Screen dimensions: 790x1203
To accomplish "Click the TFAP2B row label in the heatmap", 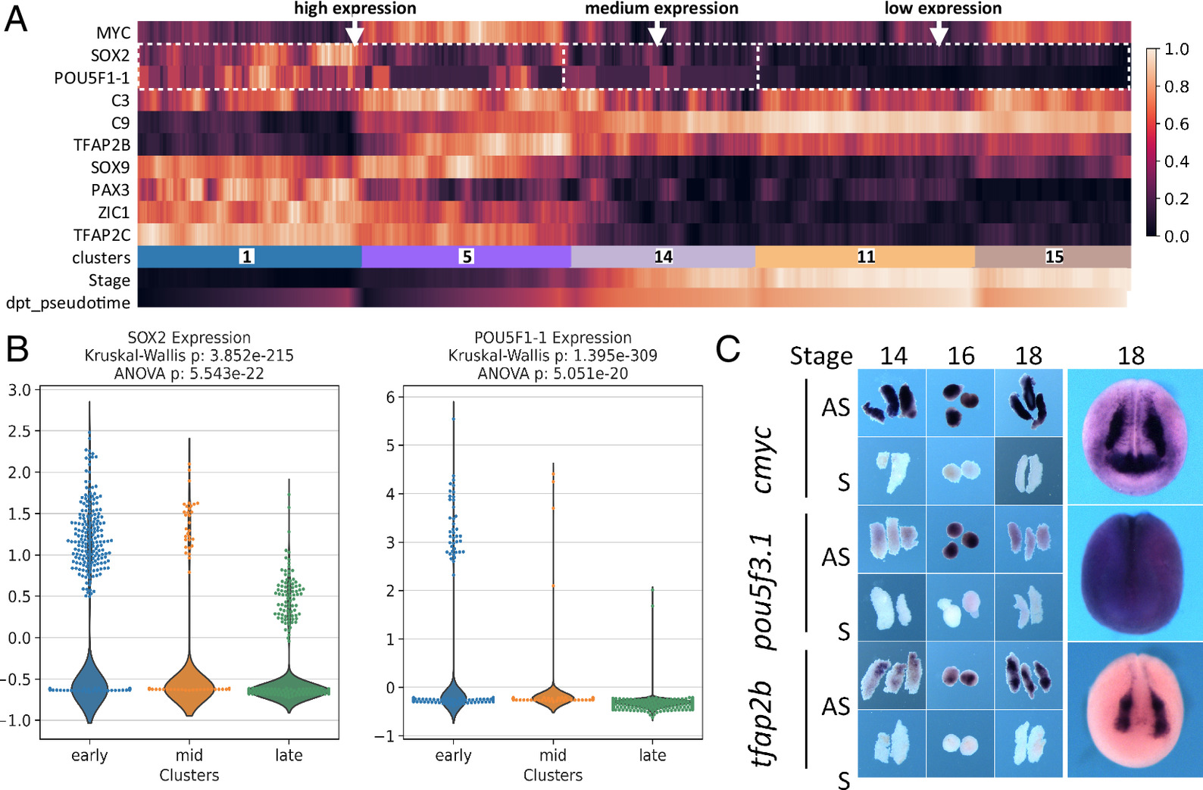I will click(102, 145).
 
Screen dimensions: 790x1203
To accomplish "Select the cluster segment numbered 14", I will click(663, 257).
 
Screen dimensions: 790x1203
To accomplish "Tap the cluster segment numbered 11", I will click(865, 257).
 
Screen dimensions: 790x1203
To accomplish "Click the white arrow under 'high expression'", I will click(354, 33).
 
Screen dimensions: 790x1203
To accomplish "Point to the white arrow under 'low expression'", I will click(939, 33).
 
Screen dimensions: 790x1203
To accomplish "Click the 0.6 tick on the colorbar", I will click(1176, 123).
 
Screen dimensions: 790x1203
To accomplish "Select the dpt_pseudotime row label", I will click(68, 303).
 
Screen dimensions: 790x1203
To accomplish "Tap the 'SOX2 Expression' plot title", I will click(189, 338).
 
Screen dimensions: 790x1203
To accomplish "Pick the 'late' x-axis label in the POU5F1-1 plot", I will click(652, 755).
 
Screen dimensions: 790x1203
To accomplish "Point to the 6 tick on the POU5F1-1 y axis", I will click(391, 397).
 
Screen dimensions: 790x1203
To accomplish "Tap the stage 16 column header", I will click(961, 355).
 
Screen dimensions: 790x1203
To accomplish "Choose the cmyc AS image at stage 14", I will click(892, 402).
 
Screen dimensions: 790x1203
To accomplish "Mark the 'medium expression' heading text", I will click(661, 8).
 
